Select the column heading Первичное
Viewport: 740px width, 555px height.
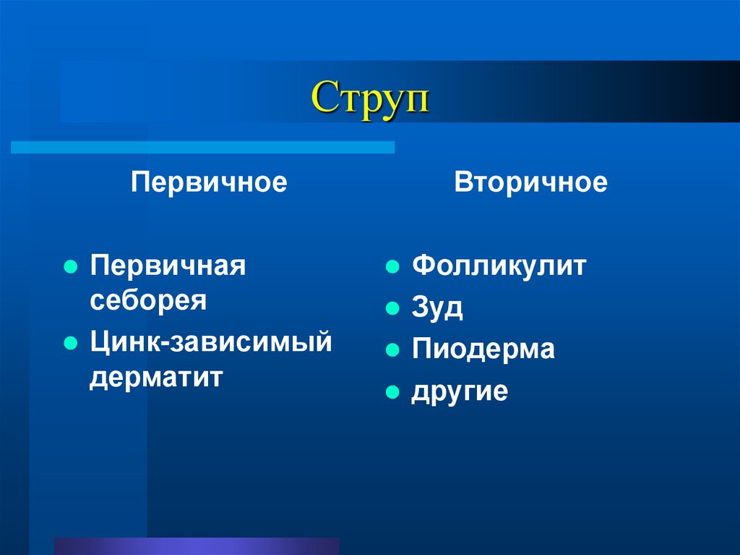coord(209,182)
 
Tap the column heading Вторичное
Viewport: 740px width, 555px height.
coord(531,182)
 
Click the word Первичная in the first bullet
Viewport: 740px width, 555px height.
coord(168,266)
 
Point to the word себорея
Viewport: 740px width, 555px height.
coord(149,300)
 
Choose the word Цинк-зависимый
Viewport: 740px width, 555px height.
coord(211,341)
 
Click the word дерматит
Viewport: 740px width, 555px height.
coord(156,376)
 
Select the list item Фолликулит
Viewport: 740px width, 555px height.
coord(499,266)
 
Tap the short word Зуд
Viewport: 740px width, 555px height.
coord(438,308)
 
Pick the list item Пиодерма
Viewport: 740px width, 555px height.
coord(483,349)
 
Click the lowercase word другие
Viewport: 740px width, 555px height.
coord(460,391)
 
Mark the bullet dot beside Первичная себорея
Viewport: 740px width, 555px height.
coord(70,267)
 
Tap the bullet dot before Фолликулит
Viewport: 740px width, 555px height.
coord(392,267)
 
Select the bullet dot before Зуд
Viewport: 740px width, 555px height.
coord(392,309)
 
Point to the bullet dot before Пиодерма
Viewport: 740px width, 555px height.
coord(392,350)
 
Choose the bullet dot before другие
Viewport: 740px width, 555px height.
coord(392,392)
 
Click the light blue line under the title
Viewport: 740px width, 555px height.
coord(202,148)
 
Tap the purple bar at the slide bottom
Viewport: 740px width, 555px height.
coord(196,546)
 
